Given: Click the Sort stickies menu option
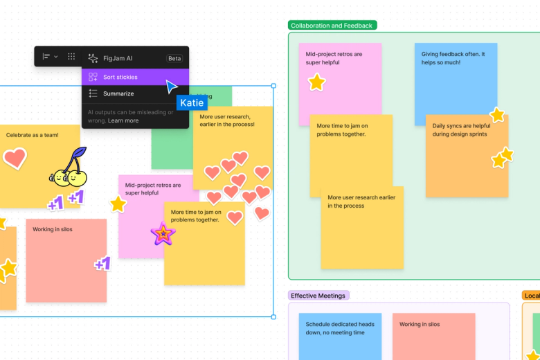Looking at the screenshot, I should pos(120,77).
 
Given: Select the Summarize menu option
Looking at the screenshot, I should pos(118,93).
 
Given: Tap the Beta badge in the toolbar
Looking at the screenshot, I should pos(174,58).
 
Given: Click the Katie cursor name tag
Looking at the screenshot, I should pos(192,102).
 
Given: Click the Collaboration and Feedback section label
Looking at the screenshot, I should pos(332,26).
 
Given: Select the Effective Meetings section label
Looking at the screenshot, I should pos(318,296).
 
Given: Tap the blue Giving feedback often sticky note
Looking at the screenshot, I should pos(455,83).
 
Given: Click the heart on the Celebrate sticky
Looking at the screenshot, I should pos(14,158).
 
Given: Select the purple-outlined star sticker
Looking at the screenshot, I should pos(163,234).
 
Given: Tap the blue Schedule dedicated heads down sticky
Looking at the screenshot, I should pos(340,336).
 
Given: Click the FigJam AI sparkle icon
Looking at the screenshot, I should pos(93,58).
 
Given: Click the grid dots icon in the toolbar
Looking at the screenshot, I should pos(71,56).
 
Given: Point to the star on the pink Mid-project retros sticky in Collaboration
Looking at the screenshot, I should pos(316,82).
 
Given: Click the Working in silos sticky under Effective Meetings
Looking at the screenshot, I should pos(433,336).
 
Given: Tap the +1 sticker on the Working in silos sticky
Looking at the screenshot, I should pos(102,263).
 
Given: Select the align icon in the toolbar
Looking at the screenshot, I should pos(46,56).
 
